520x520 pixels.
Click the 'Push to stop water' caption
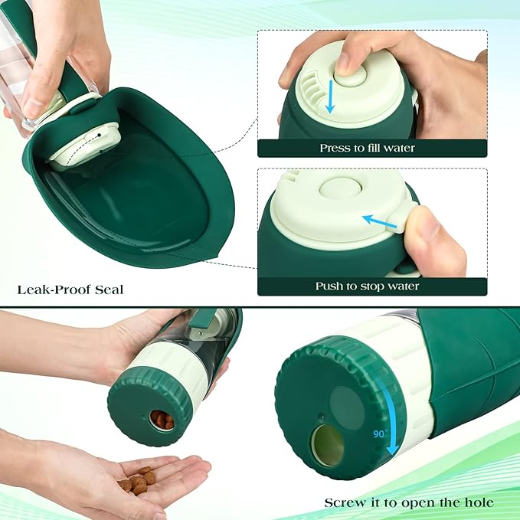[368, 286]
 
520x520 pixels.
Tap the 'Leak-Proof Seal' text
[70, 289]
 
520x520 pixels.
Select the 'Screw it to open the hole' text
[409, 502]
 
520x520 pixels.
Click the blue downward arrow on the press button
[329, 96]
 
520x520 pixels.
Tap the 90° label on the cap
[380, 433]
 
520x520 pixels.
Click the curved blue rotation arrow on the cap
[387, 414]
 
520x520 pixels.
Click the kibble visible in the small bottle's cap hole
[161, 419]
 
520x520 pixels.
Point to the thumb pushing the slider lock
[433, 234]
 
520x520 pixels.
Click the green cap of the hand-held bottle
[146, 406]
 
